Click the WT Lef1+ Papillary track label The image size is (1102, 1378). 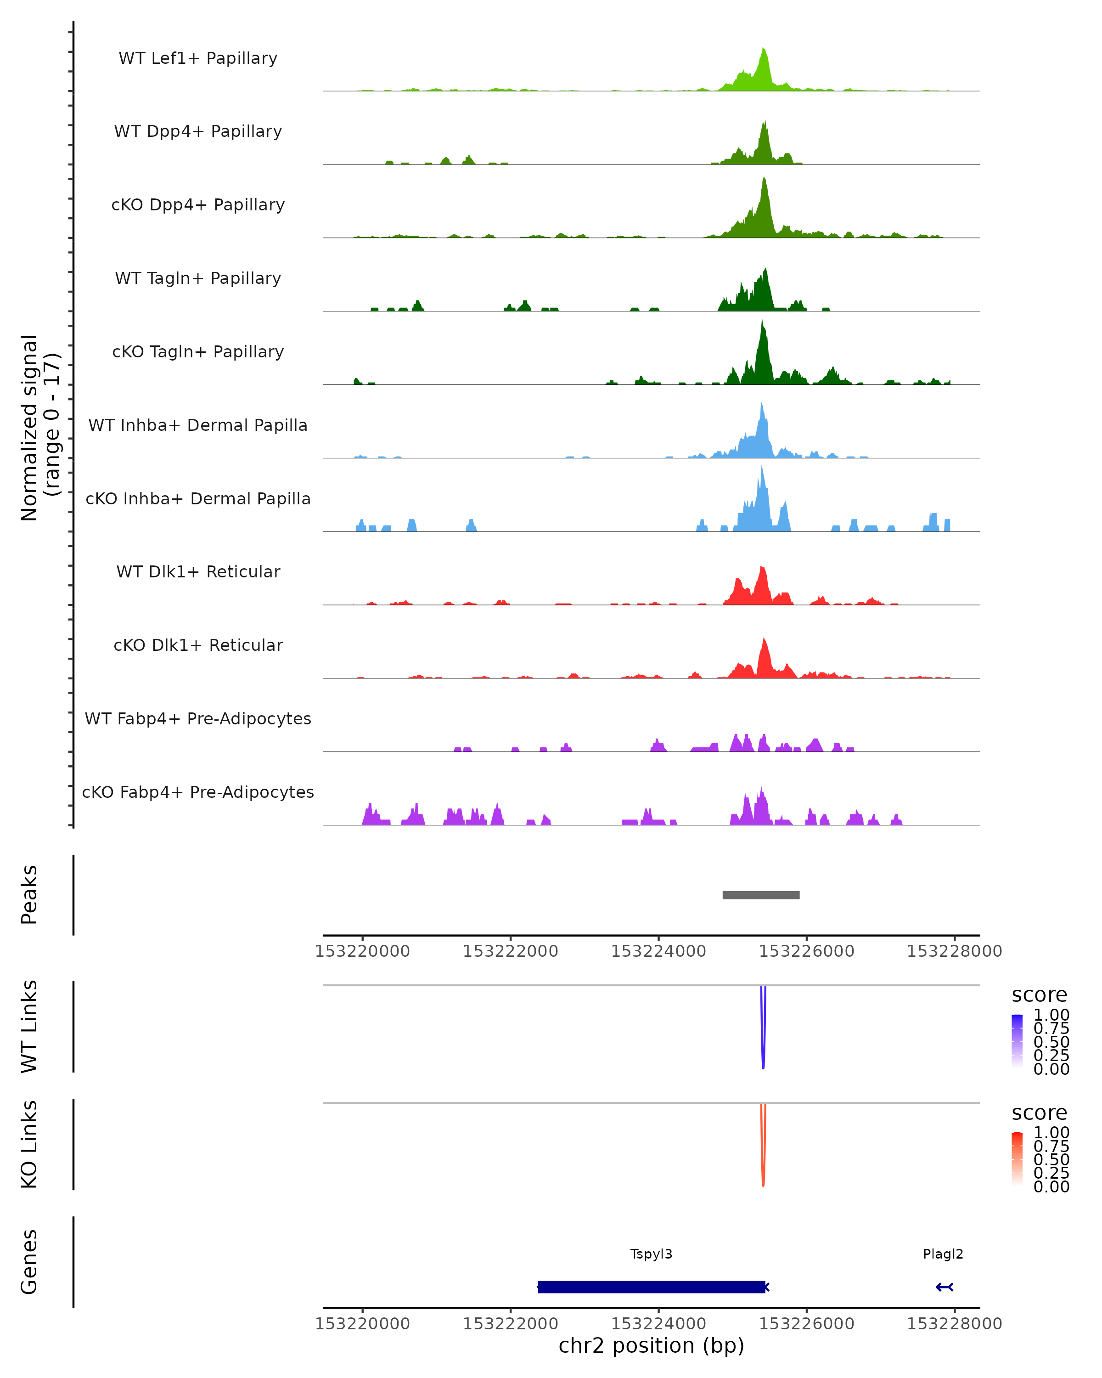pyautogui.click(x=198, y=58)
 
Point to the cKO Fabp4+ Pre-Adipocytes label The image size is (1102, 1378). pyautogui.click(x=198, y=792)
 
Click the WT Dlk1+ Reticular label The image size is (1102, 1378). pyautogui.click(x=198, y=571)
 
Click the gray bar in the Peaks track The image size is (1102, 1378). pyautogui.click(x=761, y=895)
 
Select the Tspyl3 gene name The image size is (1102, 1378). pyautogui.click(x=651, y=1254)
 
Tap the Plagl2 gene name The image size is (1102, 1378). pyautogui.click(x=943, y=1254)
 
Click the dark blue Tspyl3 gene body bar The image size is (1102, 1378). pyautogui.click(x=651, y=1287)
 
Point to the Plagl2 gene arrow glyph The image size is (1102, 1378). pyautogui.click(x=944, y=1287)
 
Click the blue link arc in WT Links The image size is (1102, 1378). pyautogui.click(x=763, y=1048)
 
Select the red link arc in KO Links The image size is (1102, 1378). pyautogui.click(x=763, y=1166)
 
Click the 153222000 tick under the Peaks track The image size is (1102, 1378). pyautogui.click(x=511, y=951)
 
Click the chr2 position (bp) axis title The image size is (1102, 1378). pyautogui.click(x=651, y=1345)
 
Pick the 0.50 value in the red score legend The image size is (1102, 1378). pyautogui.click(x=1051, y=1159)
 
